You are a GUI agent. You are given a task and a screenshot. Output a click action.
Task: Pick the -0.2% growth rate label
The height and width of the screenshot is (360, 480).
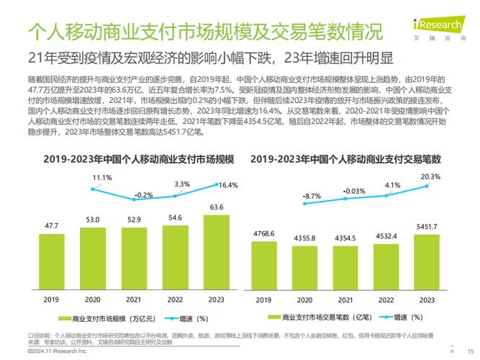click(x=144, y=195)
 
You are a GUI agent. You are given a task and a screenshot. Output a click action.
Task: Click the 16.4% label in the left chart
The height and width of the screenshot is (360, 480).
click(x=227, y=186)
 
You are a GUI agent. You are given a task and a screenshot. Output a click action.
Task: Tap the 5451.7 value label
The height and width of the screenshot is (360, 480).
click(x=430, y=226)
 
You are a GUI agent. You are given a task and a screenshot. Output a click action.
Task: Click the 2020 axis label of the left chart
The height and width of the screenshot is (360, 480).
click(x=92, y=299)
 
